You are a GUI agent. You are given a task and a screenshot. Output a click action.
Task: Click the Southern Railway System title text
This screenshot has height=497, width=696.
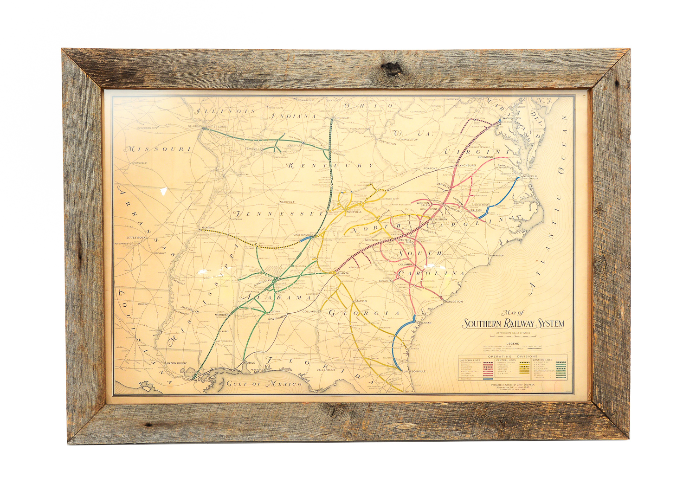point(513,323)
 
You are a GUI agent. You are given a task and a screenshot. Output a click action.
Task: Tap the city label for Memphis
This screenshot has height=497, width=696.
point(209,228)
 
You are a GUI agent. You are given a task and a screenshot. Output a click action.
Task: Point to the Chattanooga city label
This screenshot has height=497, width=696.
point(304,235)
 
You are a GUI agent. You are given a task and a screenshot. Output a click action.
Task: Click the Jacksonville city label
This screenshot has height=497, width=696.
point(414,371)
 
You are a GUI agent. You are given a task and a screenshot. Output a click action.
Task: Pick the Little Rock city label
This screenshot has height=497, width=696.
point(136,238)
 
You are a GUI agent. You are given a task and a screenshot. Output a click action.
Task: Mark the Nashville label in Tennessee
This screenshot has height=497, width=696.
point(287,202)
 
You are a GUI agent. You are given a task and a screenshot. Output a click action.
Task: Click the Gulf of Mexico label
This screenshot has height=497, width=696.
point(264,384)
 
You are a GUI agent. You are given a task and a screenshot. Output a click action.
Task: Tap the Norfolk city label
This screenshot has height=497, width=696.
point(530,176)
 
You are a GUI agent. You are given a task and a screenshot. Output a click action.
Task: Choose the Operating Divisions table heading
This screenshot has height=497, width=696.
point(513,356)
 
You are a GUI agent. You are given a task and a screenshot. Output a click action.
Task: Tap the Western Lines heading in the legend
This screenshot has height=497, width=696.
point(542,360)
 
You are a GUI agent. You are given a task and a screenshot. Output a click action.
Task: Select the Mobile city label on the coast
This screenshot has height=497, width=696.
point(250,362)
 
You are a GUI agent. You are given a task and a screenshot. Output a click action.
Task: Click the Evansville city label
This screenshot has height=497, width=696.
point(254,148)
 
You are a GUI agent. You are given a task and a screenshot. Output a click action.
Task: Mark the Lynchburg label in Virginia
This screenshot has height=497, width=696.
point(467,165)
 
